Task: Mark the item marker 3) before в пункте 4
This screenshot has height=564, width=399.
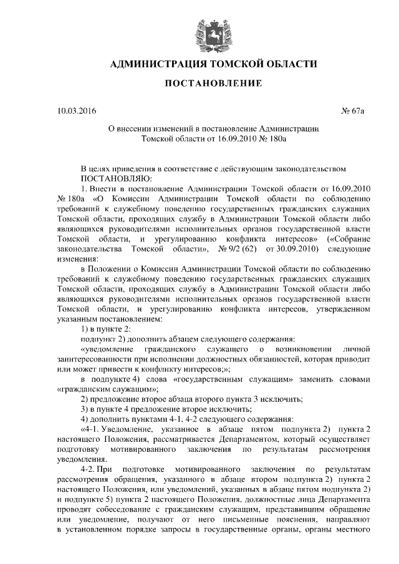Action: coord(86,409)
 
